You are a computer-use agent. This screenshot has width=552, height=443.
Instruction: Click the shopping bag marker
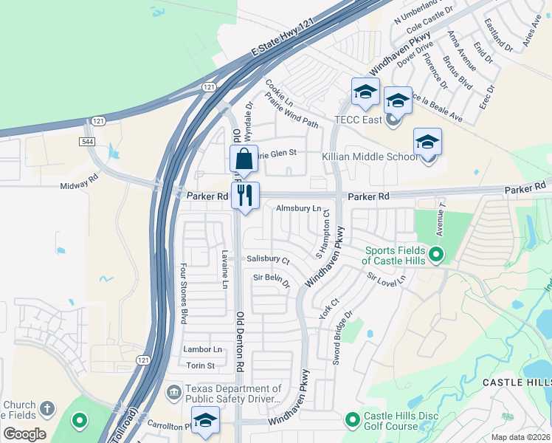[244, 159]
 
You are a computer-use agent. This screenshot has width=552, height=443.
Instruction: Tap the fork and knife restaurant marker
[245, 196]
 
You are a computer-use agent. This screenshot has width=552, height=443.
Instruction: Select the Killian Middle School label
[370, 157]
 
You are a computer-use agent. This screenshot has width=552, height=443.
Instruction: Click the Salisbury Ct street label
[268, 259]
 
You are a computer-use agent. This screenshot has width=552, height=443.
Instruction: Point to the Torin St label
[200, 365]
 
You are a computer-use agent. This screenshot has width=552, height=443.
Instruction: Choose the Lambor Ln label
[202, 349]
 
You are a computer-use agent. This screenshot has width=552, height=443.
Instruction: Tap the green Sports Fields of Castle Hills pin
[436, 256]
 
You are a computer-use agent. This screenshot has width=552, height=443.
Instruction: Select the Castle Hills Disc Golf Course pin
[353, 420]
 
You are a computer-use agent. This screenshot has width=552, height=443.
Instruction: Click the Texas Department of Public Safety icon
[174, 390]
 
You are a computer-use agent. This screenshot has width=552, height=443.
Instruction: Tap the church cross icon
[46, 408]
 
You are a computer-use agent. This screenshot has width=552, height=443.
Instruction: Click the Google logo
[24, 434]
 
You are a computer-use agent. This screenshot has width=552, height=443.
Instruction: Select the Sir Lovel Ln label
[387, 281]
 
